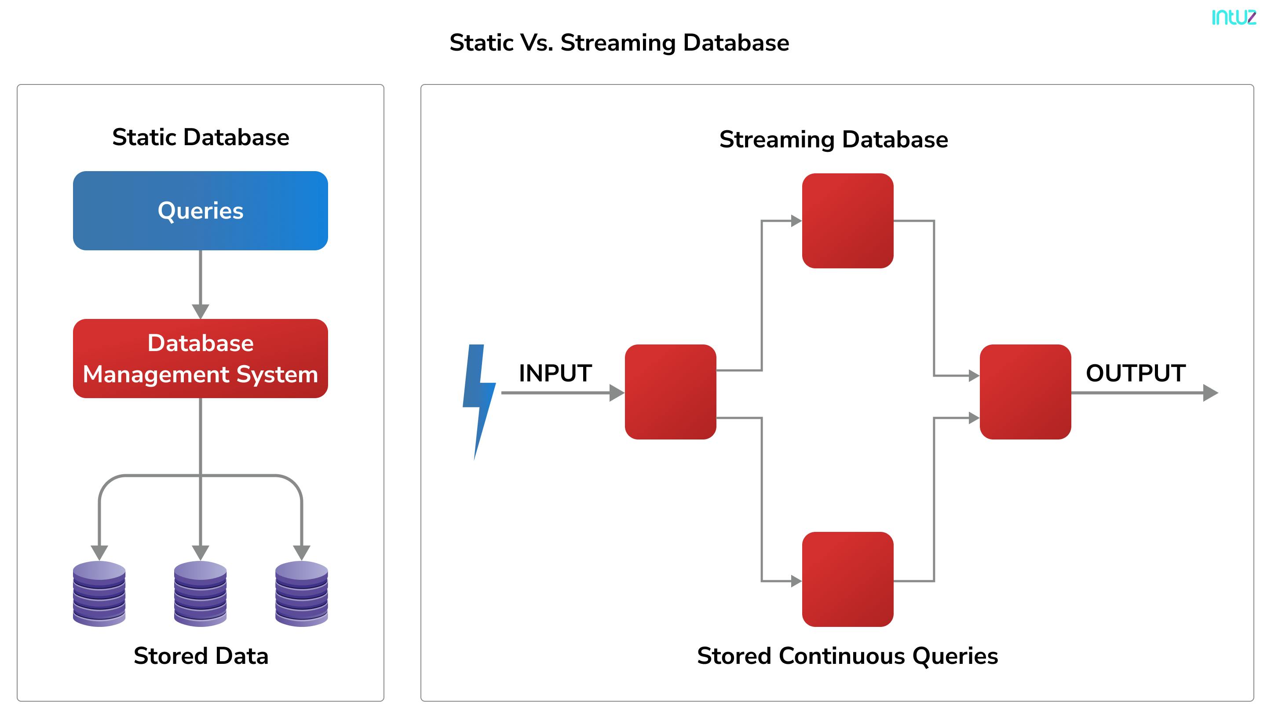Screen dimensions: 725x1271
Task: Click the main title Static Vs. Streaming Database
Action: coord(619,43)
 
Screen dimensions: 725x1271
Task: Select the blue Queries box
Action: coord(200,211)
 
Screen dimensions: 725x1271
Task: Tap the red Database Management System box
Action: coord(200,359)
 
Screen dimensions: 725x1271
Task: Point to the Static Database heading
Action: coord(200,137)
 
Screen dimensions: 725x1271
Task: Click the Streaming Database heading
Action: coord(833,139)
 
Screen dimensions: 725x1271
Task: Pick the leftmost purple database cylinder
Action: coord(99,593)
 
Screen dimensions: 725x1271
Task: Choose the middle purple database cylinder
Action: coord(200,593)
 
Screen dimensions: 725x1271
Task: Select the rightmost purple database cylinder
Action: coord(301,593)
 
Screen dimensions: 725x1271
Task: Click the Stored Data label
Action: coord(201,656)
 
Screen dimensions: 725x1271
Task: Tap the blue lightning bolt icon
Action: coord(478,398)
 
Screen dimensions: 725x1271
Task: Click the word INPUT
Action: coord(555,373)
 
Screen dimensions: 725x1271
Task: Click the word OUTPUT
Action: coord(1135,373)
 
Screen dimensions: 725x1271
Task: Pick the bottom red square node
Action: coord(847,579)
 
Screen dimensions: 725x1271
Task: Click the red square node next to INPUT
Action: coord(670,392)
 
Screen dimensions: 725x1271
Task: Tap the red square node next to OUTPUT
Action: coord(1025,392)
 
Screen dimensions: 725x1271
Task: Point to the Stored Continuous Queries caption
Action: coord(847,656)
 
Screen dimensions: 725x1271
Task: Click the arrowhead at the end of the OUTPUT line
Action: coord(1210,393)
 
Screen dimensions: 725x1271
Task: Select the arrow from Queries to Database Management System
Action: coord(200,284)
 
